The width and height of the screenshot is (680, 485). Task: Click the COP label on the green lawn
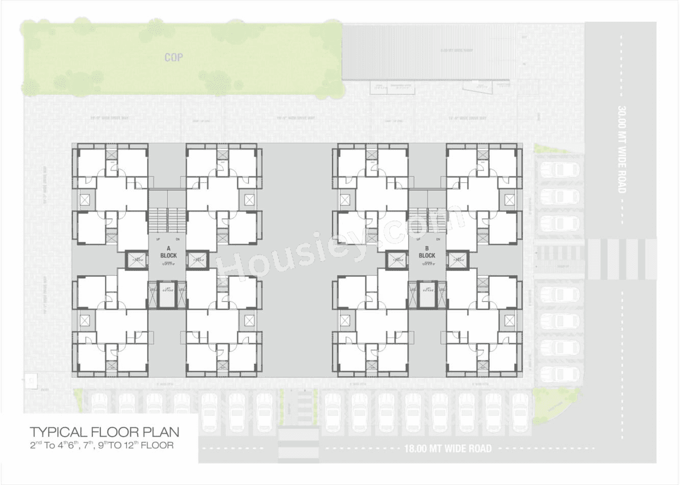coord(174,57)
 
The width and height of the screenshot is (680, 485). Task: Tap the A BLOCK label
coord(168,252)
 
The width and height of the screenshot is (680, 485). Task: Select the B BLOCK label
coord(427,252)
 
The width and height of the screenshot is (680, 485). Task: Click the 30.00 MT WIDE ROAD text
coord(622,149)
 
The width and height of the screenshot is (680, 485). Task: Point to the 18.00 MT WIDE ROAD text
coord(446,449)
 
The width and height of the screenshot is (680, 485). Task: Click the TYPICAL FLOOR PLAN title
coord(104,431)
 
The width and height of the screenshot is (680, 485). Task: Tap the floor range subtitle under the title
coord(101,445)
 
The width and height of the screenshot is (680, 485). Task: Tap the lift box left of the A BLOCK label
coord(137,260)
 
